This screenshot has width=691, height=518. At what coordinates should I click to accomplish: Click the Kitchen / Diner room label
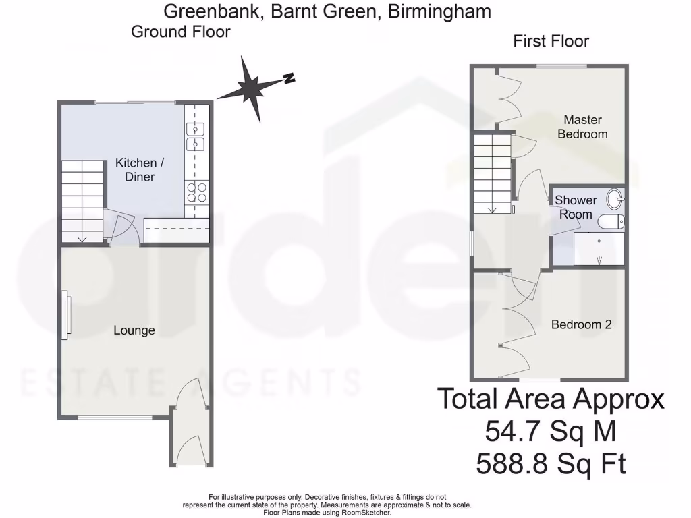[x=135, y=170]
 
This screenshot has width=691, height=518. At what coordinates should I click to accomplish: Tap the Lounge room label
[x=134, y=330]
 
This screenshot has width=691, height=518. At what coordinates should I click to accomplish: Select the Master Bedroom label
[x=582, y=127]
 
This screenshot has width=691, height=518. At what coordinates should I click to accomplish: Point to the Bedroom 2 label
[x=581, y=324]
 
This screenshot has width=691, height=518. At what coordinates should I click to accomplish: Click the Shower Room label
[x=576, y=207]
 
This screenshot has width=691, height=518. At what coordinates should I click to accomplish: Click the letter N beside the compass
[x=288, y=78]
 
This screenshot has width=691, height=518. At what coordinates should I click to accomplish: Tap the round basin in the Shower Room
[x=615, y=199]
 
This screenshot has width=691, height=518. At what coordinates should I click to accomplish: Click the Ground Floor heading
[x=180, y=32]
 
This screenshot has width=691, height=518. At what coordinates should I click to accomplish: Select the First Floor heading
[x=551, y=41]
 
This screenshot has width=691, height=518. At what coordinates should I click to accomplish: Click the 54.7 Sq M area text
[x=550, y=430]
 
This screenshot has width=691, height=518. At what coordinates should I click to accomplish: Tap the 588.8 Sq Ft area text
[x=551, y=464]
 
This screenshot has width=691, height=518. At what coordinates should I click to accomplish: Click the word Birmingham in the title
[x=439, y=11]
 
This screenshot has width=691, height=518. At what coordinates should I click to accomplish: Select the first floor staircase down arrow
[x=492, y=208]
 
